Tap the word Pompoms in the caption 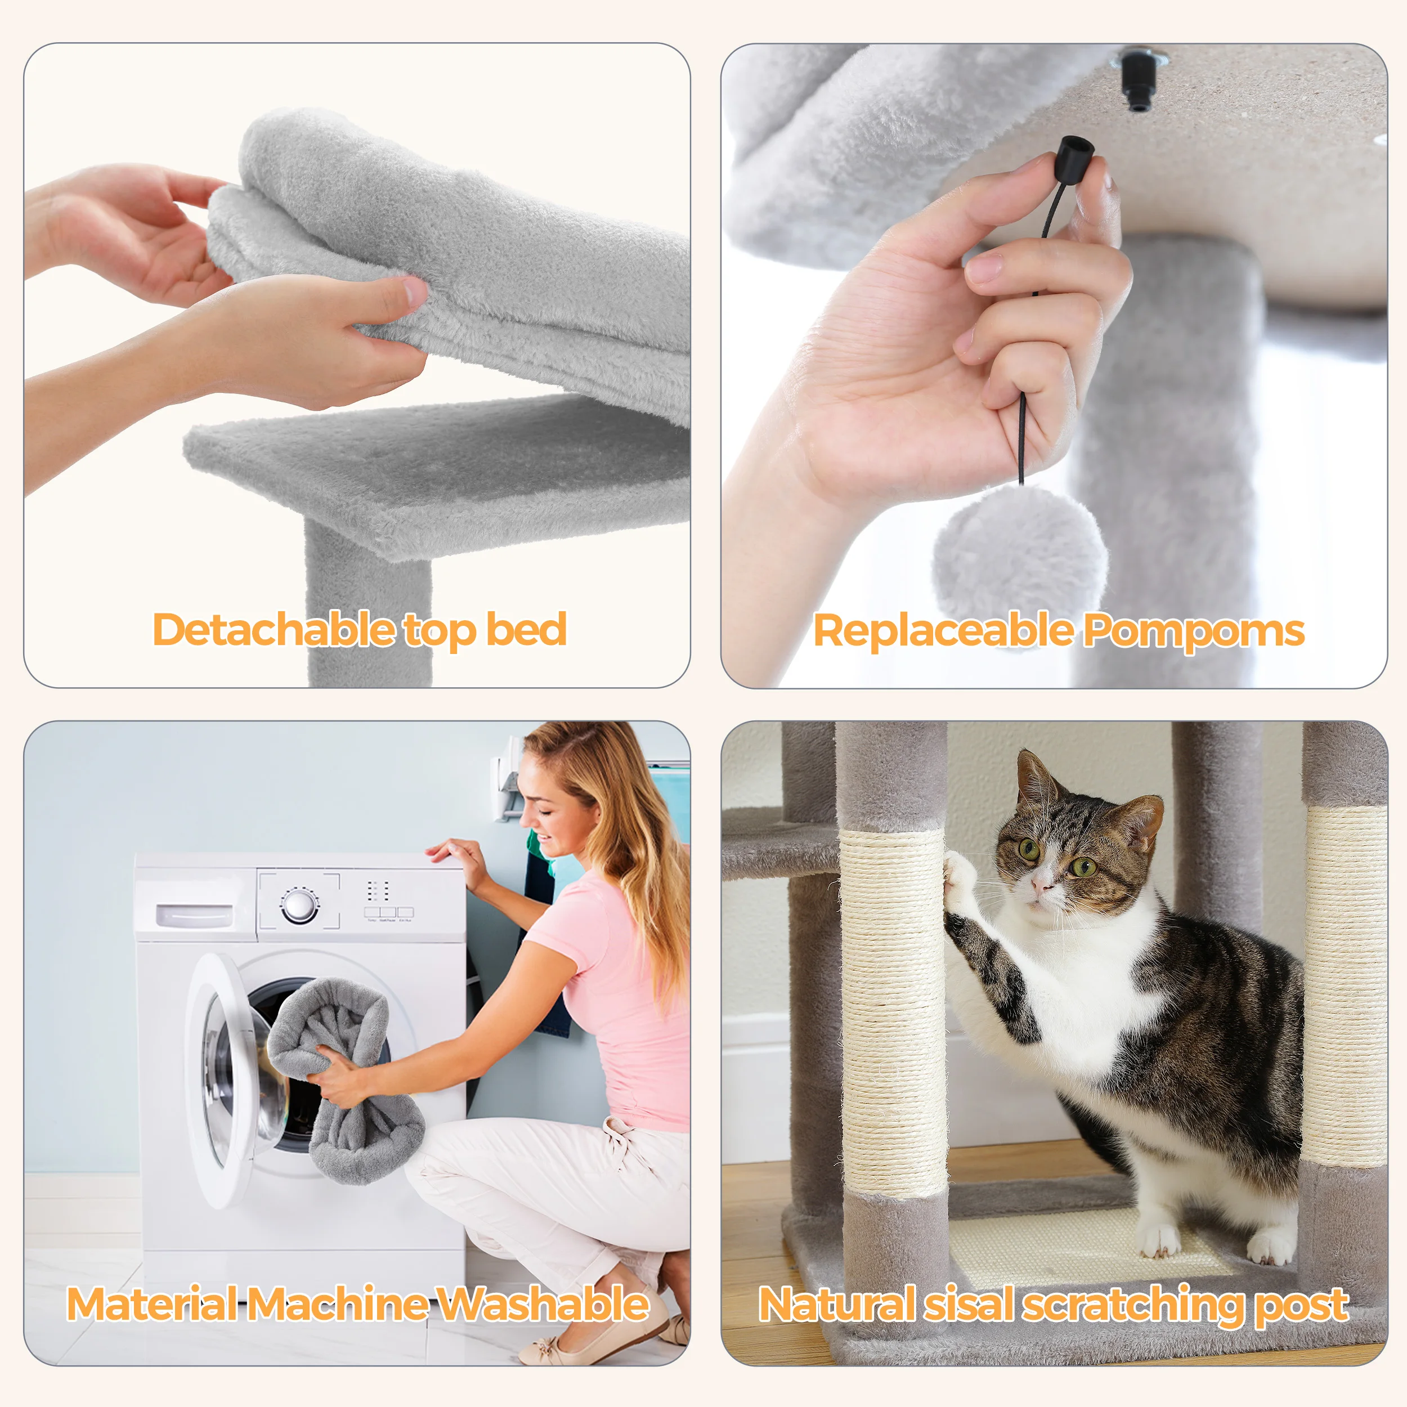pyautogui.click(x=1194, y=631)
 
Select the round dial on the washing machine pyautogui.click(x=299, y=905)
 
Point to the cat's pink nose pyautogui.click(x=1042, y=884)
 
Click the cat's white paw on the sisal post pyautogui.click(x=960, y=882)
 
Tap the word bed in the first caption pyautogui.click(x=527, y=629)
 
